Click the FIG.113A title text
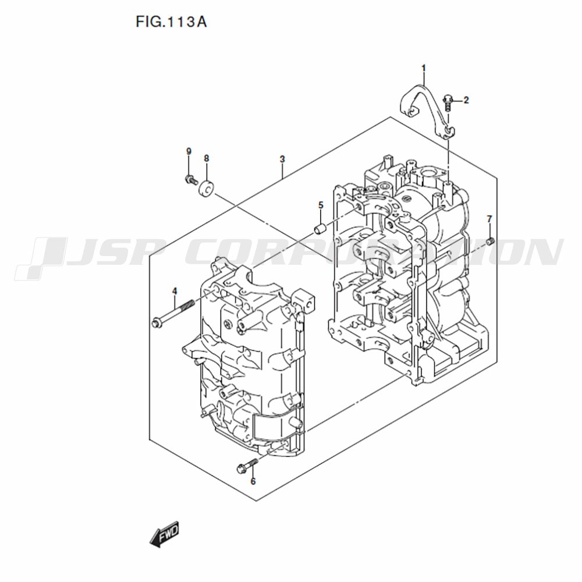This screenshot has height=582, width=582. click(x=171, y=22)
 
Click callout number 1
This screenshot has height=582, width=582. click(x=424, y=68)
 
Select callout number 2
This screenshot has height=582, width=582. click(x=466, y=100)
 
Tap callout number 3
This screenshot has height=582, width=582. click(x=282, y=159)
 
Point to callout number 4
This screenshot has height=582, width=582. click(x=175, y=292)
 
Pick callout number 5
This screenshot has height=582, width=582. click(x=320, y=205)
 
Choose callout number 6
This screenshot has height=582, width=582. click(x=253, y=481)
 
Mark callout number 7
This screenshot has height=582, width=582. click(x=489, y=219)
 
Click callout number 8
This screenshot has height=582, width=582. click(x=207, y=158)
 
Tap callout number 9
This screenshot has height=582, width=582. click(x=189, y=151)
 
